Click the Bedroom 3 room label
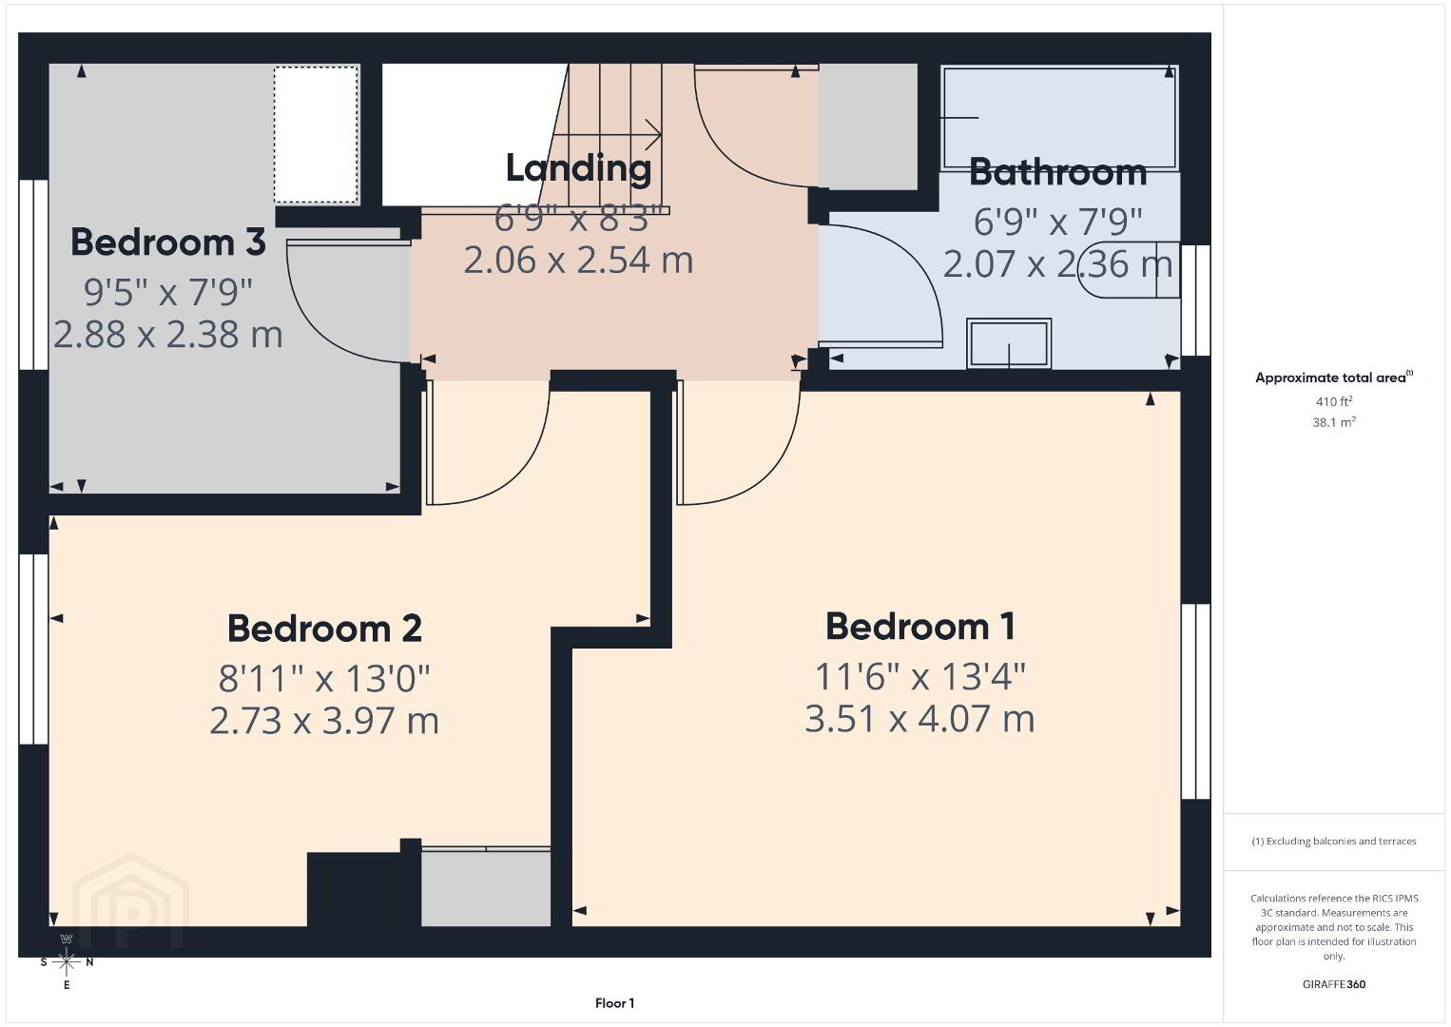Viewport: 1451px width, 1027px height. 167,242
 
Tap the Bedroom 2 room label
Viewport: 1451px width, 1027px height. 324,628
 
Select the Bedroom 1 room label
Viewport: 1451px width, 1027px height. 919,626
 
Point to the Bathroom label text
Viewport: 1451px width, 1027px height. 1057,172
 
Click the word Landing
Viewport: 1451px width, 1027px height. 578,167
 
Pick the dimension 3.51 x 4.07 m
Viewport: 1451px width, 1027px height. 919,719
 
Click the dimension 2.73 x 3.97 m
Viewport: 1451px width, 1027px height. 324,721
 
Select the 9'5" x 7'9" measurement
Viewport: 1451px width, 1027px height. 167,292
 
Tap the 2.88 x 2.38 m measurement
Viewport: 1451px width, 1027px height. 167,335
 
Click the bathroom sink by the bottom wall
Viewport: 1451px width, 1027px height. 1009,343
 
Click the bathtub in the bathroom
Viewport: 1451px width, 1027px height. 1060,118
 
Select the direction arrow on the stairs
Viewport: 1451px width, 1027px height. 607,135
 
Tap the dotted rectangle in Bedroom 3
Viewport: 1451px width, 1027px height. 316,135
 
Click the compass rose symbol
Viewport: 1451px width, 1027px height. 67,961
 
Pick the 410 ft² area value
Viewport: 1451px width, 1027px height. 1334,401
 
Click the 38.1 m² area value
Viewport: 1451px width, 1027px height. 1334,422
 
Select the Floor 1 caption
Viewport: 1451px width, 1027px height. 615,1003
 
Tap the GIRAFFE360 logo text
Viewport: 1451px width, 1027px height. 1334,984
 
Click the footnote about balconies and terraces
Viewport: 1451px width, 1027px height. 1334,841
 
